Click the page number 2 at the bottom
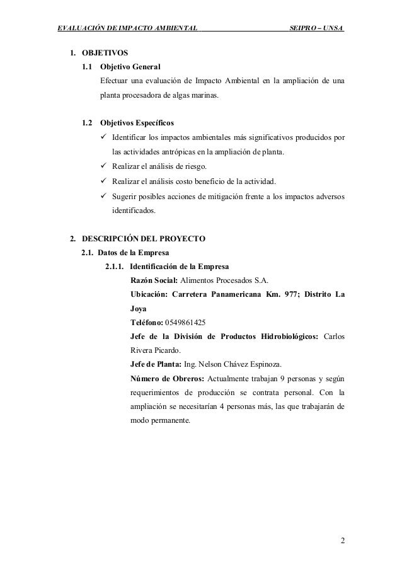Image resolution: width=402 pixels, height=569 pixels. [x=342, y=541]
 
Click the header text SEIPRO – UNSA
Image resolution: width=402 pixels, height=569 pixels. [x=316, y=28]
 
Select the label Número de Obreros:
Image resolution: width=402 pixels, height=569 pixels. [x=169, y=379]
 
